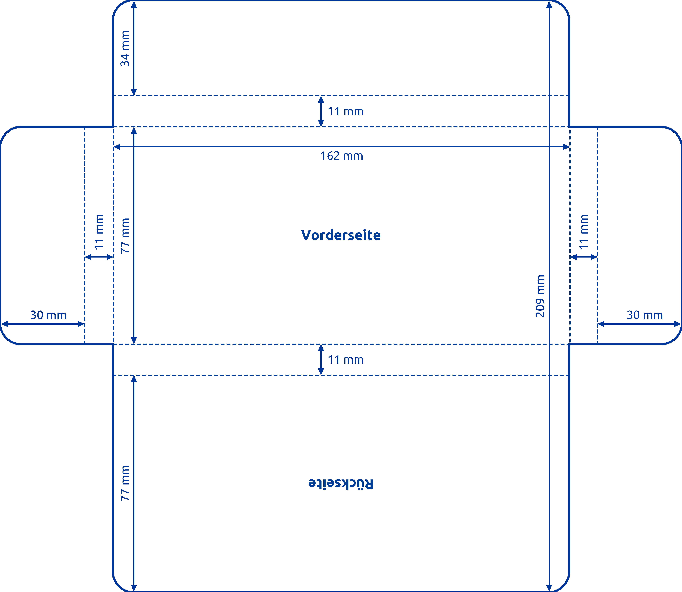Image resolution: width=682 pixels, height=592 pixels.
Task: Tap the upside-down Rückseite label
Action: click(x=341, y=483)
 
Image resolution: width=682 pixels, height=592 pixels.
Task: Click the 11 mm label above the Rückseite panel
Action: click(x=345, y=360)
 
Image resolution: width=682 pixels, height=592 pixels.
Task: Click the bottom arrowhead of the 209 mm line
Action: click(x=549, y=588)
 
